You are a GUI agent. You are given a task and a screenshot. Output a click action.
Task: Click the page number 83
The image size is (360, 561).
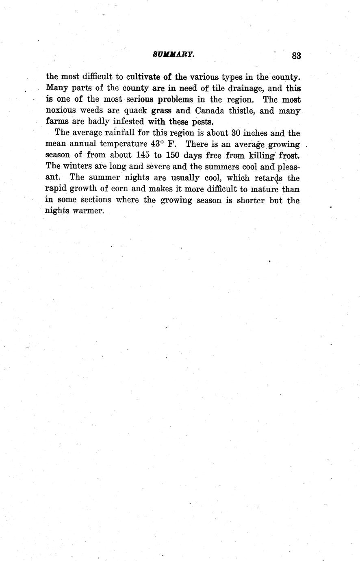point(296,56)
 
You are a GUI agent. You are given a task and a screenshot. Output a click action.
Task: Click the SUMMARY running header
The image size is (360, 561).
point(174,54)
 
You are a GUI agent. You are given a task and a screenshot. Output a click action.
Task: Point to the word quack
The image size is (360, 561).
point(135,111)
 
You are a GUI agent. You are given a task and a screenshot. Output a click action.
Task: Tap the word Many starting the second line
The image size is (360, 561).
point(57,88)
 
